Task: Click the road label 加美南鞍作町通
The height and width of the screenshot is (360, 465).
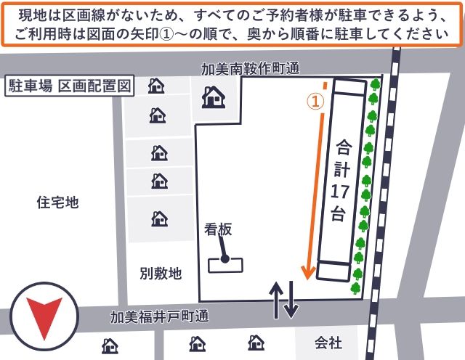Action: [x=251, y=69]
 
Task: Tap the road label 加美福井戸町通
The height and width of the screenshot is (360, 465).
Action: [x=159, y=317]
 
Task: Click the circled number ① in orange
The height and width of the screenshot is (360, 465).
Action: [x=315, y=102]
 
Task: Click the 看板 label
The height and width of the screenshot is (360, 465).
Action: [x=218, y=229]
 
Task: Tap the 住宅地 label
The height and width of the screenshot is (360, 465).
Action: [x=57, y=202]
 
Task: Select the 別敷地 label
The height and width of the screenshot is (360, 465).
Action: [x=161, y=274]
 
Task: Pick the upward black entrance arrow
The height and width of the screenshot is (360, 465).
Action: [x=278, y=299]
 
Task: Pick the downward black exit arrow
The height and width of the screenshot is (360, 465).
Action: [x=291, y=299]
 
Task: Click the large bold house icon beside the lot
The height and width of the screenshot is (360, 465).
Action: [x=213, y=96]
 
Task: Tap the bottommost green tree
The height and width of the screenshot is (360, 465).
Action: [x=356, y=288]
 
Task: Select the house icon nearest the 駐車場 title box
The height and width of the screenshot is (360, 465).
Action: [x=156, y=86]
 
